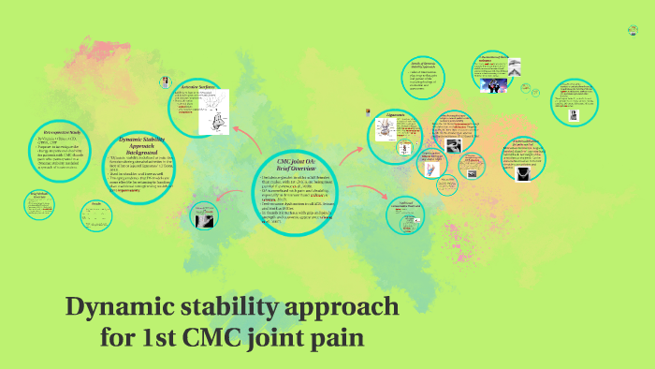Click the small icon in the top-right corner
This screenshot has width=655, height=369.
[x=633, y=31]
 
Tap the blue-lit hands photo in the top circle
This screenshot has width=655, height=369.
[x=496, y=84]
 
